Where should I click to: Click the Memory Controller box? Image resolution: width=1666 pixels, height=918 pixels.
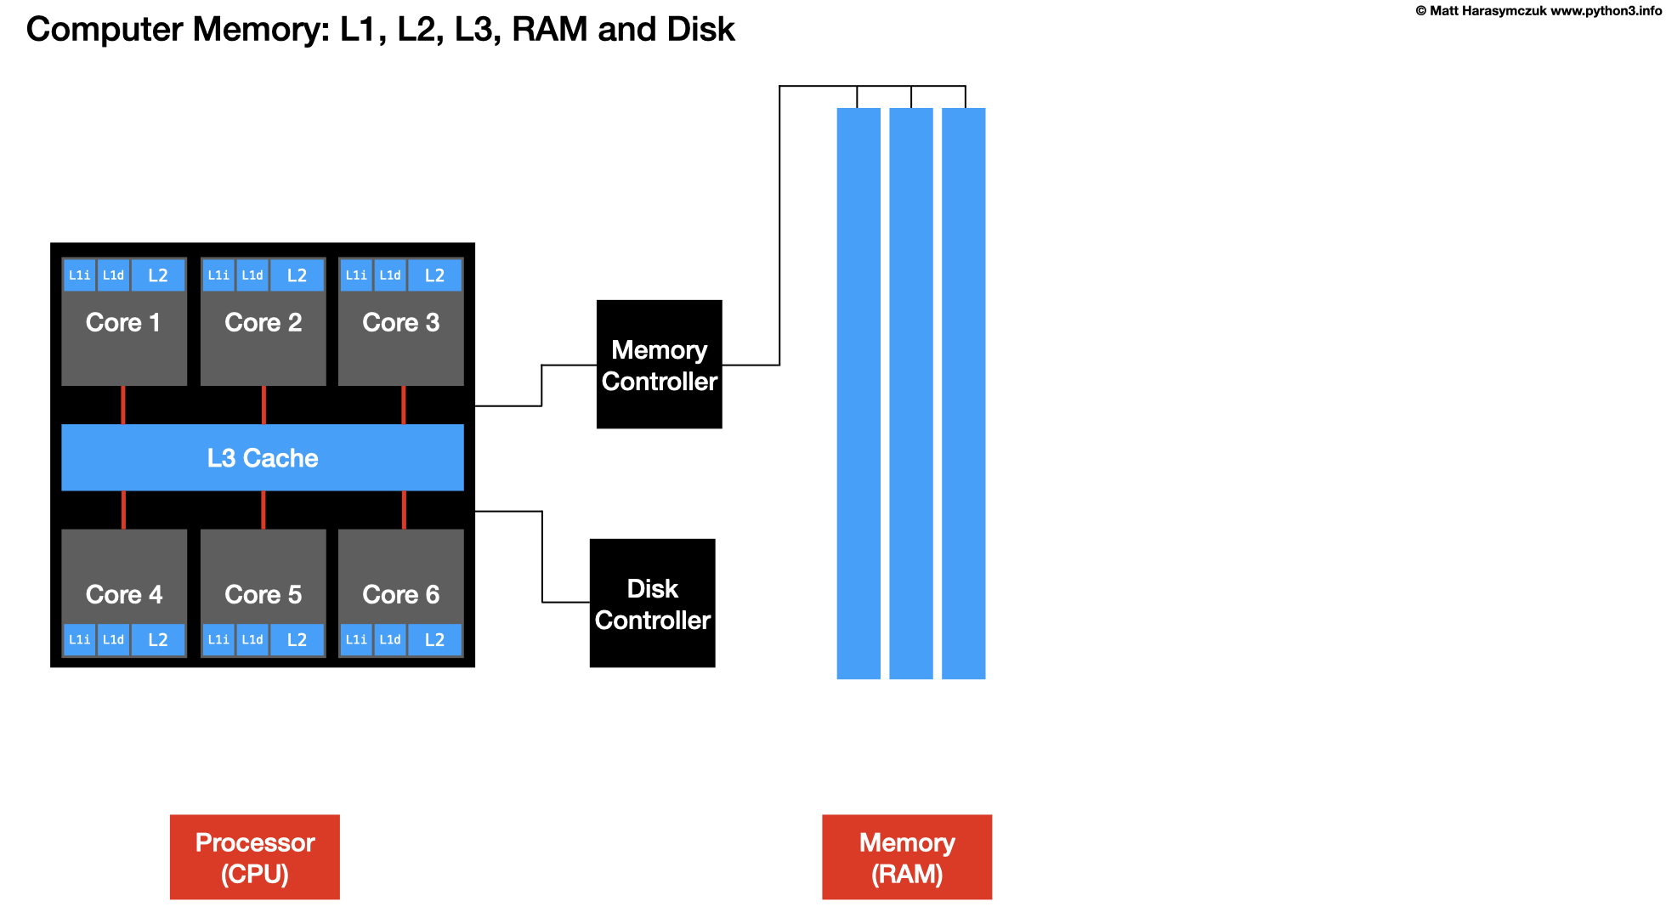[x=659, y=365]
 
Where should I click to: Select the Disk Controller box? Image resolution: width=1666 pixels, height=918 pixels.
[x=652, y=603]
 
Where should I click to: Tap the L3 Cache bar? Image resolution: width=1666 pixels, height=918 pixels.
[x=263, y=458]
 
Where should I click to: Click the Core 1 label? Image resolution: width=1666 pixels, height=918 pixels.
[x=123, y=323]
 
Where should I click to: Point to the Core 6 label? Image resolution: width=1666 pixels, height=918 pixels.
[x=400, y=594]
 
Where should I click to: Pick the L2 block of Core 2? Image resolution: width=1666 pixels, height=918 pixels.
[x=297, y=275]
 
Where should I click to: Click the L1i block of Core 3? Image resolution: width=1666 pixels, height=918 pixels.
[x=356, y=275]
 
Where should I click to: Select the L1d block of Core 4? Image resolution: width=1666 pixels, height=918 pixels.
[x=113, y=639]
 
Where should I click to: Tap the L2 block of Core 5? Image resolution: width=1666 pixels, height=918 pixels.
[x=297, y=639]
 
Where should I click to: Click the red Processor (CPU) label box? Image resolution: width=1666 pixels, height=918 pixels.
[x=254, y=857]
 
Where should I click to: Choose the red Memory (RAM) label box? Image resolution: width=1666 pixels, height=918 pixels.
[x=906, y=857]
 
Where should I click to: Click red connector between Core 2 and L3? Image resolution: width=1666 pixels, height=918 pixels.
[x=263, y=405]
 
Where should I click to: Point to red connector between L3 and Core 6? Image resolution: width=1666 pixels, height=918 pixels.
[x=404, y=510]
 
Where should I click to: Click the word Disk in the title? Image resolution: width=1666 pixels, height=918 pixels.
[x=700, y=30]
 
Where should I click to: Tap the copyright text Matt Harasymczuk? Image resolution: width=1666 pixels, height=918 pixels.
[x=1487, y=11]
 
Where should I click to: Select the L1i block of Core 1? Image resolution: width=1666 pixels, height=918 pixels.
[x=79, y=275]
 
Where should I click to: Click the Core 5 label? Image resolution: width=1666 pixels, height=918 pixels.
[x=263, y=594]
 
